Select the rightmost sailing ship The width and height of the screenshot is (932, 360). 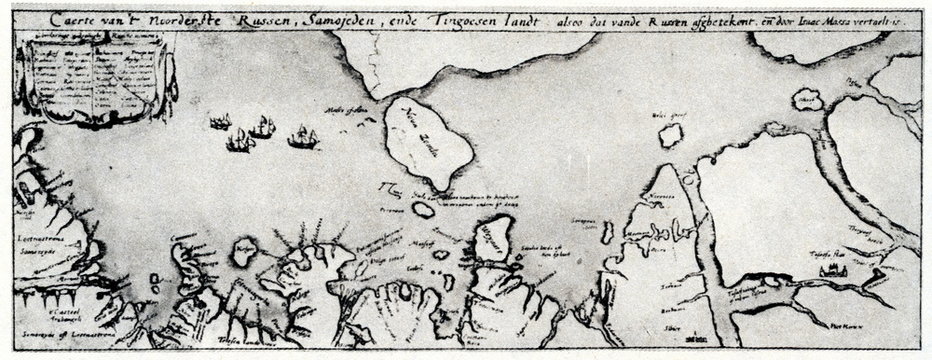pos(301,138)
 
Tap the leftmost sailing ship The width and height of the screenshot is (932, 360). pos(220,123)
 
